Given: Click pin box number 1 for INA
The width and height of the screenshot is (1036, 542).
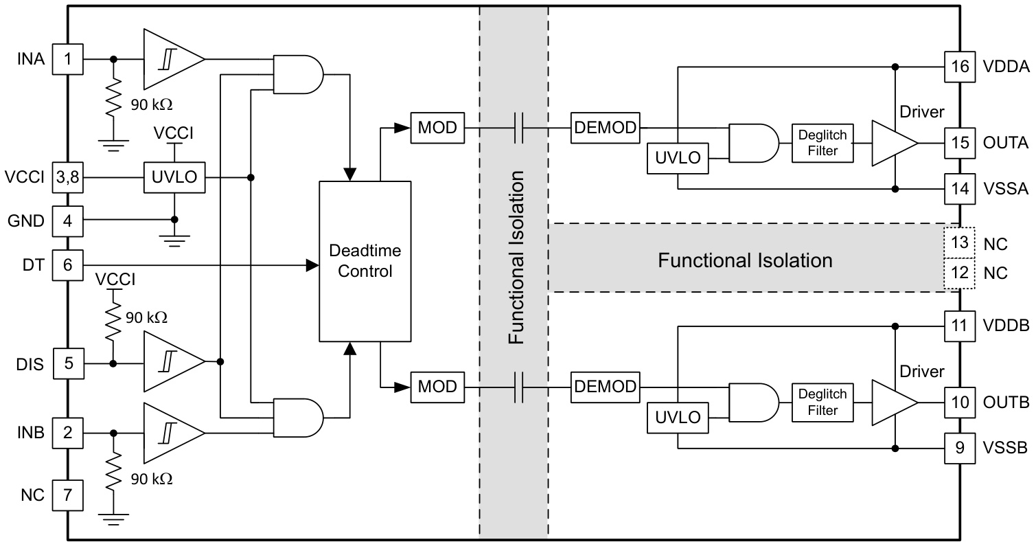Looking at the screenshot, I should pos(68,59).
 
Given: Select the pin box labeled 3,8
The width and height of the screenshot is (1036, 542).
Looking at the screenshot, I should pos(68,178).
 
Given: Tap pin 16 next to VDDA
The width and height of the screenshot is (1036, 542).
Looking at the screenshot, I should pos(960,67).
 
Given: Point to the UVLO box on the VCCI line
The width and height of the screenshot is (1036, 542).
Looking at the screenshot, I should pos(174,178).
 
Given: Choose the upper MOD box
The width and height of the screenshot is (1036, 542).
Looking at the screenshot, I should pos(437,128).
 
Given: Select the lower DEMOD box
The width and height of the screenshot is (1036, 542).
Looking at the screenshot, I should pos(605,386).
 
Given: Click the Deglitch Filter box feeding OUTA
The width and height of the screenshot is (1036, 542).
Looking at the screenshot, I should pos(824,143).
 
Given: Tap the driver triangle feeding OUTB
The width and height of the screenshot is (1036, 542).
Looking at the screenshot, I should pos(893,402).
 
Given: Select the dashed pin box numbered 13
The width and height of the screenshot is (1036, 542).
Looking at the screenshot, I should pos(960,242).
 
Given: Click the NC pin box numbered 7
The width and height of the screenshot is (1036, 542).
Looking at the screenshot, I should pos(68,494).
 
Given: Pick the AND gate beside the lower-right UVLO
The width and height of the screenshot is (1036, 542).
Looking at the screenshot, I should pos(752,402).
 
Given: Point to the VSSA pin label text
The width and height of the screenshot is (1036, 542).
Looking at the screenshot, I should pos(1006,186).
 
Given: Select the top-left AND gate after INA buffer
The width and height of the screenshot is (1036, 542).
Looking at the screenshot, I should pos(298,74).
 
